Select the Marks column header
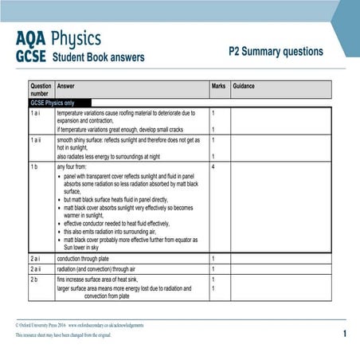218,85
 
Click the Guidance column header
245,85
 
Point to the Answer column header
67,85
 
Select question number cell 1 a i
37,113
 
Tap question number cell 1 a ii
38,139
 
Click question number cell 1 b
35,166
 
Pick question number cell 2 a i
37,258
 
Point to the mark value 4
213,166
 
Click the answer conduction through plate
90,258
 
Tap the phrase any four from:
74,166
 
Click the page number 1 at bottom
344,335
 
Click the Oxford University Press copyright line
80,325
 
